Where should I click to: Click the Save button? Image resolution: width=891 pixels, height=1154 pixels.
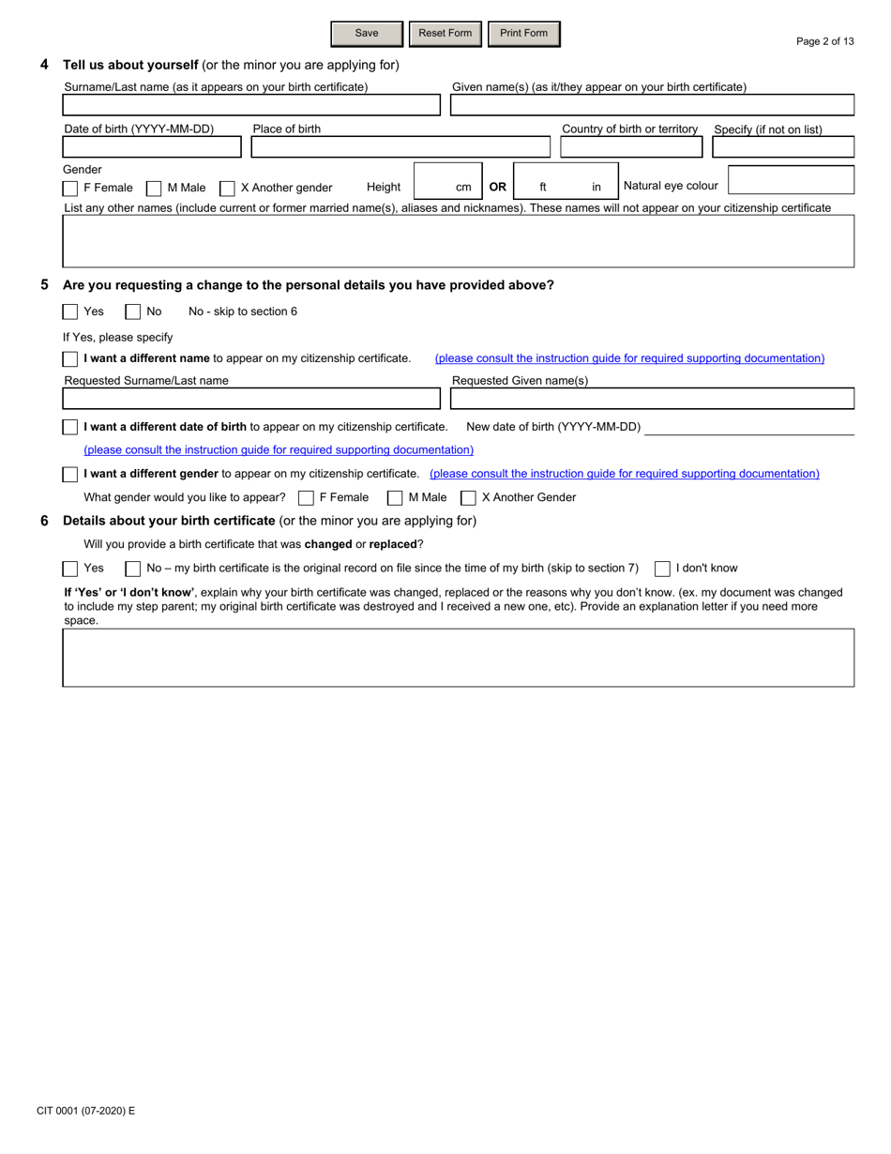click(x=367, y=34)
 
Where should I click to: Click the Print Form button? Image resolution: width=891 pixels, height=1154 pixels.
click(x=523, y=34)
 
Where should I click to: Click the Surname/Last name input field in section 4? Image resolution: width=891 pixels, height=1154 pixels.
click(x=251, y=105)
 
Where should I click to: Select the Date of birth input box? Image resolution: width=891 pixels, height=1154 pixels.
click(x=152, y=147)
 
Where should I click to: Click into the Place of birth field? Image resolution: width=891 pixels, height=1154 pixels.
click(x=400, y=147)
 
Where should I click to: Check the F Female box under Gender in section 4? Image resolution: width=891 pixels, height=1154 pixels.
click(x=70, y=189)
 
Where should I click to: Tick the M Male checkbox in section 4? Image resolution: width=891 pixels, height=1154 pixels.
click(x=154, y=189)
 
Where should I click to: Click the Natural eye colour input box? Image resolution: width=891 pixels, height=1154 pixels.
click(x=791, y=180)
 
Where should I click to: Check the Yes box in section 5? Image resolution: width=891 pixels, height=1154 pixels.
click(x=70, y=311)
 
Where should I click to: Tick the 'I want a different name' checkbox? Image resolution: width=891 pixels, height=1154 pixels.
click(x=70, y=359)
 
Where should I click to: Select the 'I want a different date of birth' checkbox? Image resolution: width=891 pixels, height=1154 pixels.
click(x=70, y=428)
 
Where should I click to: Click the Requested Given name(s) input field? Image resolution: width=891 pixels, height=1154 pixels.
click(x=652, y=399)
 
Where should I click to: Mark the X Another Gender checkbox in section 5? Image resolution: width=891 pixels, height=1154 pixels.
click(x=468, y=498)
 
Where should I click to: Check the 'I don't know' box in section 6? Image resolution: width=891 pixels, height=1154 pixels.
click(x=662, y=569)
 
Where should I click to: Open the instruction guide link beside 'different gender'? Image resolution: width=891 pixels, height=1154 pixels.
click(x=624, y=474)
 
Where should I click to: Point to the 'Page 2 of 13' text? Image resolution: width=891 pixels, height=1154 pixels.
click(x=824, y=41)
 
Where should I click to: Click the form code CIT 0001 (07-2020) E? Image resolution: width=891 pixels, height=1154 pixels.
click(x=86, y=1111)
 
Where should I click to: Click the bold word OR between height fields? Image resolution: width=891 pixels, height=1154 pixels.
click(x=497, y=187)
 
